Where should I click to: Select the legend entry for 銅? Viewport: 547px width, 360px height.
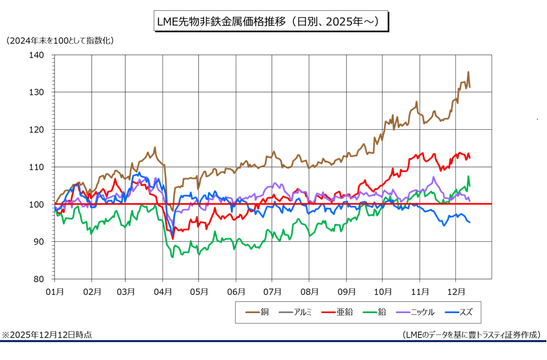pos(258,312)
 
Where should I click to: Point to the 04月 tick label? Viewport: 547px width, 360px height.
pos(162,292)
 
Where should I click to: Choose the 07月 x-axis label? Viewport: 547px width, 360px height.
pos(272,292)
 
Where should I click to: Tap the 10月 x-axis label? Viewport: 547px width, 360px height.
pos(382,292)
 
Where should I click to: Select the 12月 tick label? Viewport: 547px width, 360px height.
pos(456,292)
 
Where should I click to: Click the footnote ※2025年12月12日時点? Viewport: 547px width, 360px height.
pos(47,335)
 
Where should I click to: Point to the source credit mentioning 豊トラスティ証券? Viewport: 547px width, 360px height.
pos(471,335)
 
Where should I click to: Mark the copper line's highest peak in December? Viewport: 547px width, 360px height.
pos(468,72)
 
